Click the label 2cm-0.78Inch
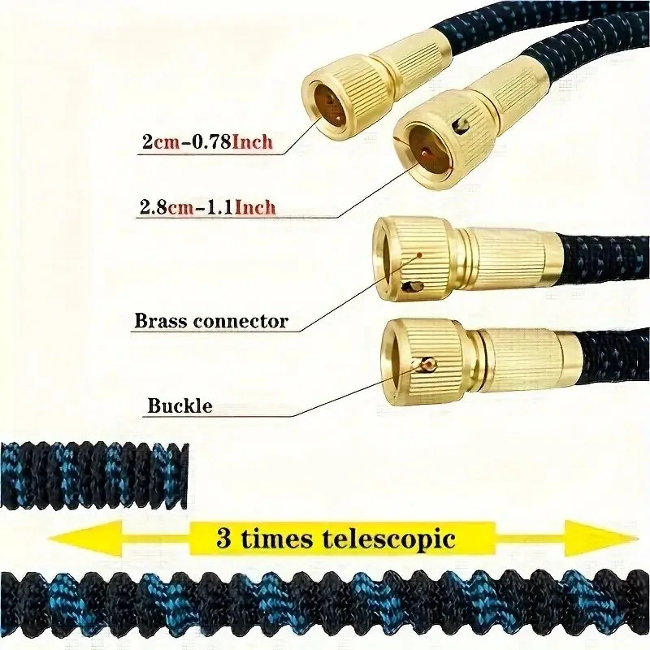208,141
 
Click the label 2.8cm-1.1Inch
208,207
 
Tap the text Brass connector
211,321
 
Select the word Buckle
180,405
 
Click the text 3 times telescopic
336,539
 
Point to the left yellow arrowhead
86,538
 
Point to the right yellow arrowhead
601,538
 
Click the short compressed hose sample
94,475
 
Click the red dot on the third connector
419,255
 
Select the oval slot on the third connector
415,287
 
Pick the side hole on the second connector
462,126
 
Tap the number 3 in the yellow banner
224,539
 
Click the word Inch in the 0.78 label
253,141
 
